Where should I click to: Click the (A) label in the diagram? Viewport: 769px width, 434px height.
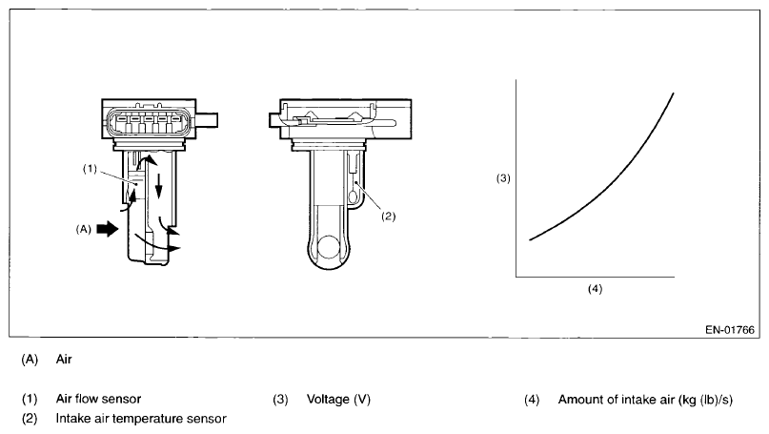click(x=85, y=230)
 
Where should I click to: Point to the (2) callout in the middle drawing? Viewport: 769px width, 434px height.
click(x=388, y=217)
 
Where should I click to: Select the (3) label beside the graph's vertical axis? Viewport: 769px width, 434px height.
click(x=504, y=178)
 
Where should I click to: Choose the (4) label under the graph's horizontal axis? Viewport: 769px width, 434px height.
click(x=596, y=287)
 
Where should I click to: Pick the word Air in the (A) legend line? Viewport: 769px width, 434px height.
click(x=65, y=360)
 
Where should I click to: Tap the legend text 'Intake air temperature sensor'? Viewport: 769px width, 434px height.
click(x=141, y=418)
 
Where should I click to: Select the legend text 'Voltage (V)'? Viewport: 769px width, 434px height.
click(x=338, y=399)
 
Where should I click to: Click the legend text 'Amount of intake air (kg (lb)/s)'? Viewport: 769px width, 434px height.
click(x=645, y=399)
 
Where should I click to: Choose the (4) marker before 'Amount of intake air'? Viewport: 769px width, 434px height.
click(x=532, y=399)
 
